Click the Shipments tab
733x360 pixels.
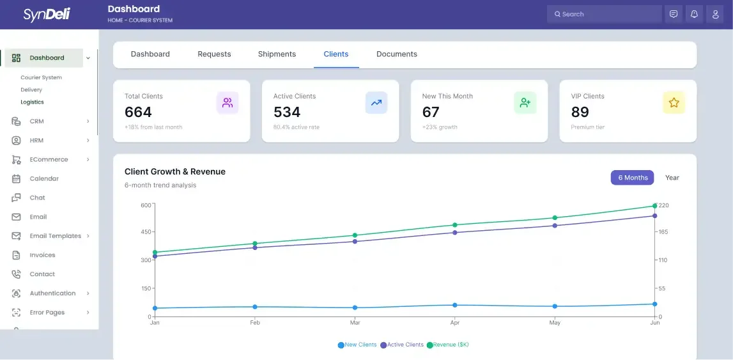tap(277, 54)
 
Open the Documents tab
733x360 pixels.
tap(396, 54)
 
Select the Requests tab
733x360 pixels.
tap(214, 54)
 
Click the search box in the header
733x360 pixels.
tap(604, 14)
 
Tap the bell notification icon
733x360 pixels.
tap(693, 14)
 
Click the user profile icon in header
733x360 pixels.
tap(714, 14)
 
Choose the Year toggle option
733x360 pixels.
tap(672, 178)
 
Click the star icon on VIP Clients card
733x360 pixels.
tap(673, 102)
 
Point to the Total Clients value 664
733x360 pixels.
tap(138, 113)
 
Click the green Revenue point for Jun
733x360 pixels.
tap(654, 206)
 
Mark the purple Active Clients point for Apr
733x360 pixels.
tap(454, 233)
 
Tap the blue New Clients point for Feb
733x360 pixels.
tap(254, 307)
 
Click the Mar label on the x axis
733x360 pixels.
tap(354, 323)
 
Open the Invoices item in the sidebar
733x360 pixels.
tap(42, 255)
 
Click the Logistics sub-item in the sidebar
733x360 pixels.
tap(32, 102)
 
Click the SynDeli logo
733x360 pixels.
tap(47, 14)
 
